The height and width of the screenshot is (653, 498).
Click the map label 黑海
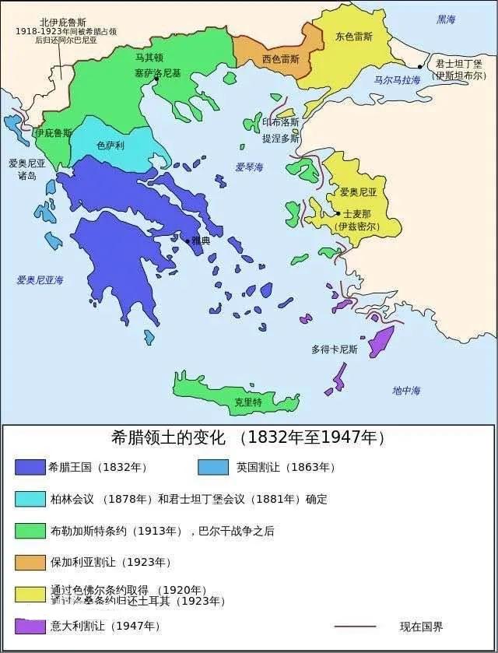tap(447, 19)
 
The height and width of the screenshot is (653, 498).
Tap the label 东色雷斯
tap(354, 37)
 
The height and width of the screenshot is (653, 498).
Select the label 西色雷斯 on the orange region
tap(280, 58)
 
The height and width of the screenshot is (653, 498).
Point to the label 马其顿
tap(149, 57)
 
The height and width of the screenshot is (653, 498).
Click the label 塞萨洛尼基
tap(158, 72)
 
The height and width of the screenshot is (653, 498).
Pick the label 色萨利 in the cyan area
tap(110, 145)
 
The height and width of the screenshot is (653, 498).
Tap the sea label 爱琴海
tap(249, 167)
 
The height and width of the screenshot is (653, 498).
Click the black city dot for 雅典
tap(187, 241)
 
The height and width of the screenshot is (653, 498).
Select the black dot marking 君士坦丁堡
tap(420, 67)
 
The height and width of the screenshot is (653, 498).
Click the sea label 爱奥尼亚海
tap(40, 279)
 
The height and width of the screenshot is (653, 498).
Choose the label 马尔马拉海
tap(397, 80)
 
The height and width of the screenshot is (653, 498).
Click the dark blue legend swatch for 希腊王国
tap(30, 467)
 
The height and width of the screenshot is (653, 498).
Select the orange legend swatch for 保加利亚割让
tap(30, 561)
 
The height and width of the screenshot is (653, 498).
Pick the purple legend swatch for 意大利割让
tap(30, 625)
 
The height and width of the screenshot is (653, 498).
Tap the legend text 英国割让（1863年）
tap(286, 467)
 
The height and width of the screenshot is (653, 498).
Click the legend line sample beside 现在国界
tap(355, 626)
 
